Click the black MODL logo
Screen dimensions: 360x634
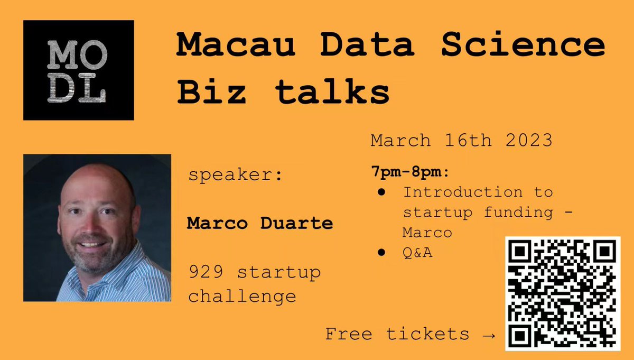click(x=78, y=70)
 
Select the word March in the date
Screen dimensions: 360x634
click(x=400, y=140)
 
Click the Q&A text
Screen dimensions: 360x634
click(x=417, y=253)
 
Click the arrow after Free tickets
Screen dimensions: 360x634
click(x=489, y=334)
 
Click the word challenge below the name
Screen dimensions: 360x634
click(x=241, y=296)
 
